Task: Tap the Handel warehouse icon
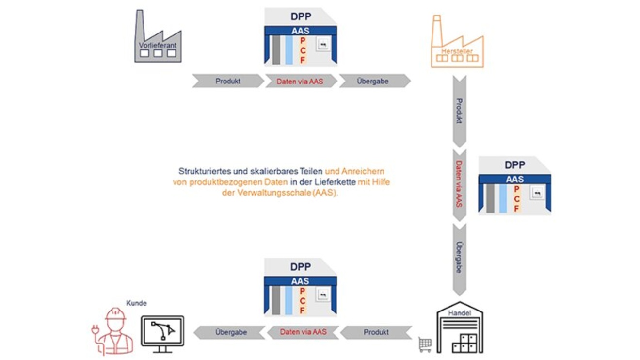pyautogui.click(x=459, y=327)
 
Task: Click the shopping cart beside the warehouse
pyautogui.click(x=425, y=344)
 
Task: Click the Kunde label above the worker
pyautogui.click(x=136, y=303)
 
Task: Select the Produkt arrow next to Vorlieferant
pyautogui.click(x=228, y=82)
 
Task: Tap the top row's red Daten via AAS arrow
pyautogui.click(x=300, y=82)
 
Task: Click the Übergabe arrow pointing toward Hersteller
pyautogui.click(x=373, y=82)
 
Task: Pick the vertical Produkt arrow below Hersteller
pyautogui.click(x=459, y=111)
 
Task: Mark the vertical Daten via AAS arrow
pyautogui.click(x=459, y=184)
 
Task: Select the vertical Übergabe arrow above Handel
pyautogui.click(x=459, y=258)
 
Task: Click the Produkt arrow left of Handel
pyautogui.click(x=376, y=332)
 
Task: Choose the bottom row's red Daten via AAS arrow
pyautogui.click(x=303, y=332)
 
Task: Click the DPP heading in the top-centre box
pyautogui.click(x=301, y=16)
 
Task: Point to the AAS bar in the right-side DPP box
pyautogui.click(x=514, y=179)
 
